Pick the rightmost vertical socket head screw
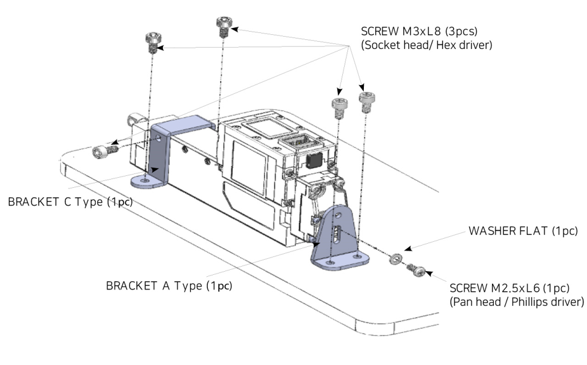365,100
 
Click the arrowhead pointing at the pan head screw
429,274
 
